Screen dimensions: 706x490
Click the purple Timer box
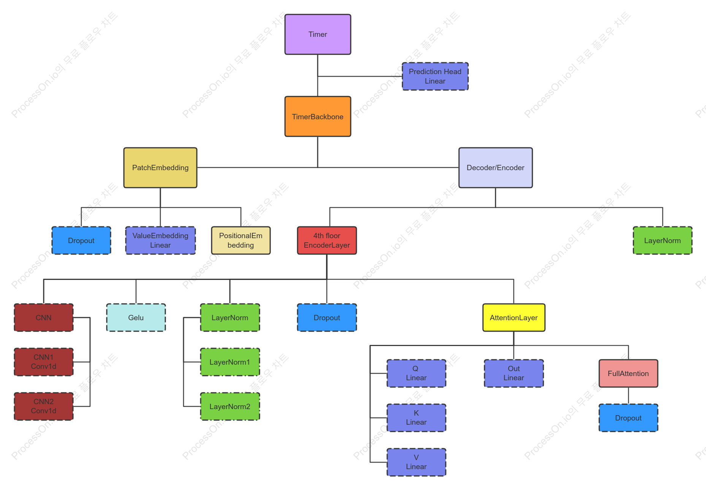pyautogui.click(x=318, y=35)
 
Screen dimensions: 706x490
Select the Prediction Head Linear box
pyautogui.click(x=435, y=76)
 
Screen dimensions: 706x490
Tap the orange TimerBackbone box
pyautogui.click(x=318, y=116)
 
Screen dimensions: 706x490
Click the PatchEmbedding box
pyautogui.click(x=160, y=168)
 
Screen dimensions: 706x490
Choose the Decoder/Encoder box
pyautogui.click(x=495, y=168)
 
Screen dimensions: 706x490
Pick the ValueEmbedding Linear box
pyautogui.click(x=160, y=240)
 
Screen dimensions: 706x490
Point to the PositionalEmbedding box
pyautogui.click(x=241, y=240)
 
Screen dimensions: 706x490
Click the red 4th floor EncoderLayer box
pyautogui.click(x=327, y=240)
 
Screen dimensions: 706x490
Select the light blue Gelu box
pyautogui.click(x=136, y=318)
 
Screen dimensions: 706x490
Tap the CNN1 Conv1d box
pyautogui.click(x=44, y=362)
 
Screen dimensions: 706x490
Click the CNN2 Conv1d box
pyautogui.click(x=44, y=406)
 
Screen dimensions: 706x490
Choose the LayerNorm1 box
pyautogui.click(x=230, y=362)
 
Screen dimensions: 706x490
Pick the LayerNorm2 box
pyautogui.click(x=230, y=406)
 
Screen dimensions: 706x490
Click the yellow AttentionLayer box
pyautogui.click(x=514, y=318)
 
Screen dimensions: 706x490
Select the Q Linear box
pyautogui.click(x=416, y=373)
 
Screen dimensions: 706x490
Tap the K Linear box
pyautogui.click(x=416, y=418)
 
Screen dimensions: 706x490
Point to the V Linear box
pyautogui.click(x=416, y=462)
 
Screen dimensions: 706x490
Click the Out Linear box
pyautogui.click(x=514, y=373)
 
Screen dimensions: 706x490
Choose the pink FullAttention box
pyautogui.click(x=628, y=373)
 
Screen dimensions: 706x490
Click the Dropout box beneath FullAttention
pyautogui.click(x=628, y=418)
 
